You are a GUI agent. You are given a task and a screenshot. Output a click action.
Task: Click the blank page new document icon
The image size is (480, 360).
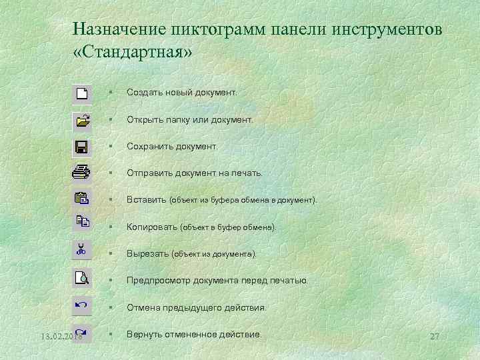pos(82,94)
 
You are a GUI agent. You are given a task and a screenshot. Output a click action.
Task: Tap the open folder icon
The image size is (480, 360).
pos(82,121)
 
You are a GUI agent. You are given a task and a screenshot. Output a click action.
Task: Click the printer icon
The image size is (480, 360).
pos(81,172)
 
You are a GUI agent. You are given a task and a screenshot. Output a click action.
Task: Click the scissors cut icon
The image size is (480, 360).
pos(81,251)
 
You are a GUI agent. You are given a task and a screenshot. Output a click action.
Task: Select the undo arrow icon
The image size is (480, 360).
pos(81,305)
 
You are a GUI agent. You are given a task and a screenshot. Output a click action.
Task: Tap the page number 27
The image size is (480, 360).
pos(435,336)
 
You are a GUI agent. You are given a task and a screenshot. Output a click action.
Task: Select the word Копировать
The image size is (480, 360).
pos(152,227)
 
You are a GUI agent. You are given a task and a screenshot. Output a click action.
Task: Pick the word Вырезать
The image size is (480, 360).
pos(147,254)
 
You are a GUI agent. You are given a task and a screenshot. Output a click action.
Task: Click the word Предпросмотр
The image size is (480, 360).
pos(158,281)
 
